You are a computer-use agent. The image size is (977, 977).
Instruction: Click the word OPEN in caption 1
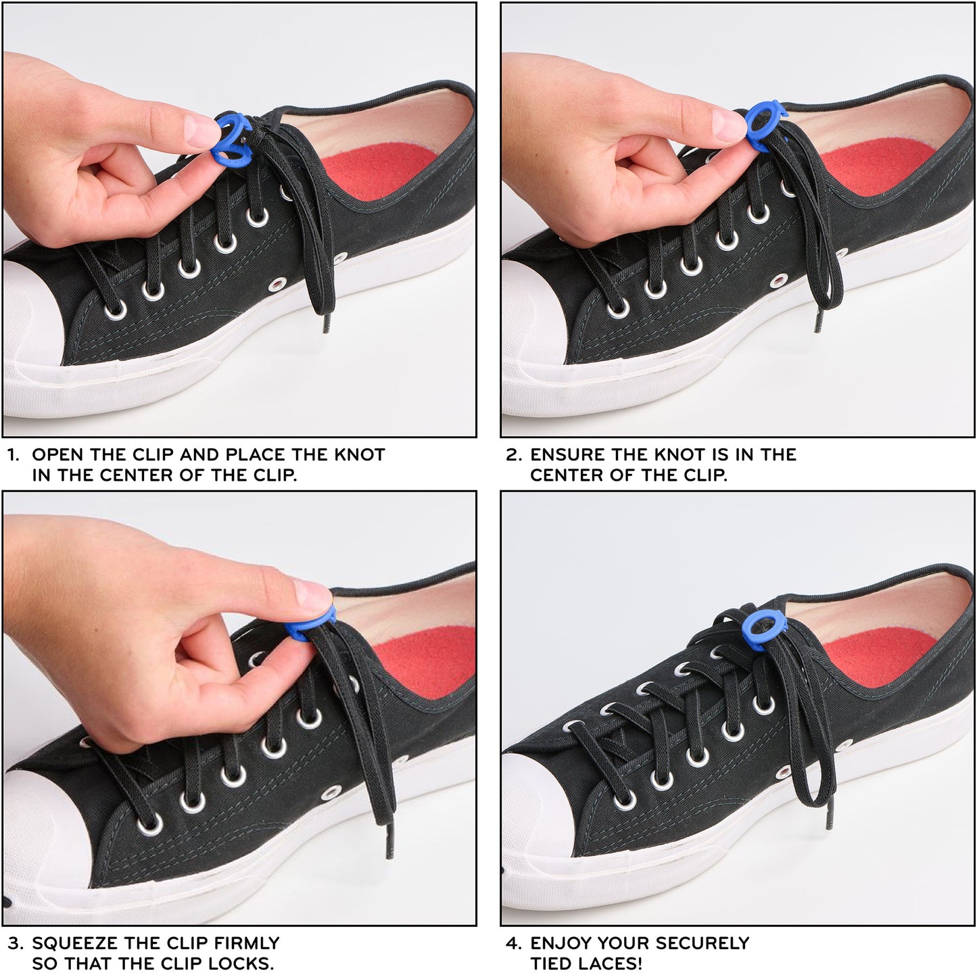pos(55,455)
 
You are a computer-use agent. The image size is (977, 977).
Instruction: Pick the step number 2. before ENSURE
pos(513,455)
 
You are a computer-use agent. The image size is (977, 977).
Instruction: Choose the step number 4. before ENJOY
pos(513,943)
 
